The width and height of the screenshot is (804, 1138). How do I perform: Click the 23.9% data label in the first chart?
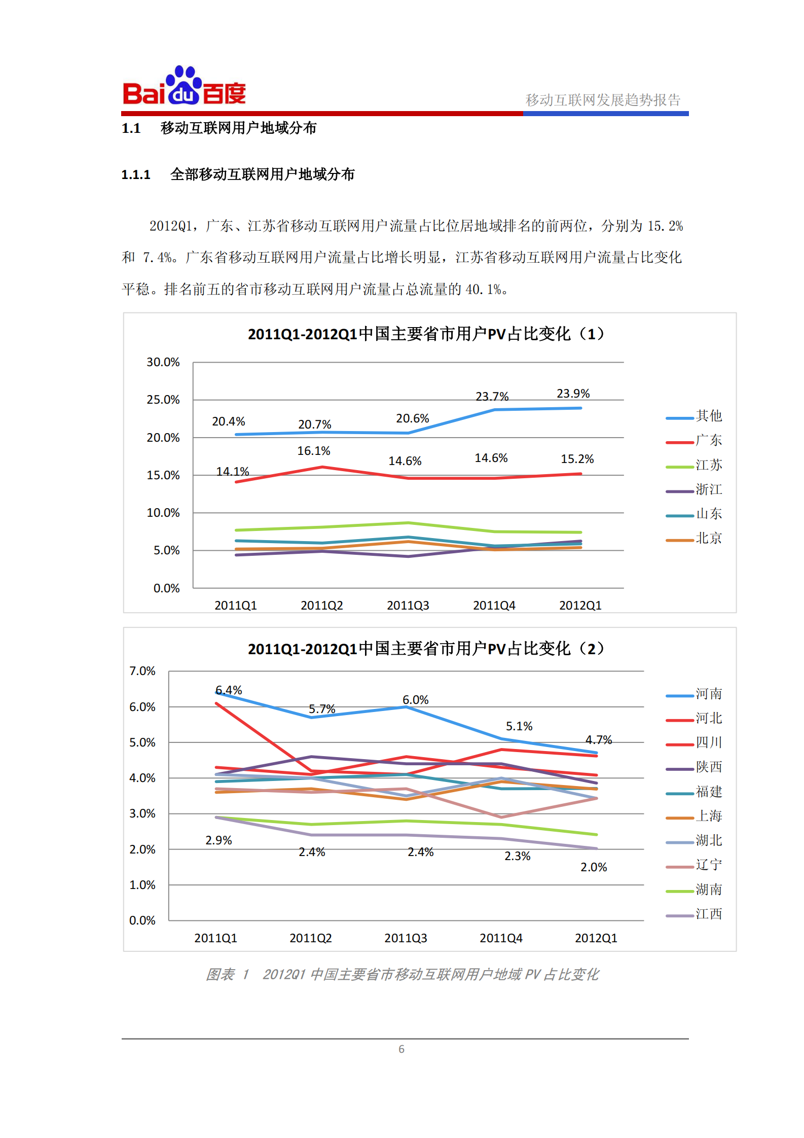[x=573, y=394]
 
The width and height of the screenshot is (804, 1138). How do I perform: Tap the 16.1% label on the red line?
[x=313, y=451]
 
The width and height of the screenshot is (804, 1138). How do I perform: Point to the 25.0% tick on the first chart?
[x=163, y=400]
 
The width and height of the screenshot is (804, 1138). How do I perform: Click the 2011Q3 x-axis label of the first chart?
[x=408, y=606]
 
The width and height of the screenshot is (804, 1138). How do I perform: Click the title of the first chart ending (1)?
[x=426, y=334]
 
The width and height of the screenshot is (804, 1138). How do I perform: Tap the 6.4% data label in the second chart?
[x=229, y=690]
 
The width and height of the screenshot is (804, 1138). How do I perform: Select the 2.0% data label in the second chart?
[x=594, y=867]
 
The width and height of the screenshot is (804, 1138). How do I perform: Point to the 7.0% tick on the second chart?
[x=142, y=671]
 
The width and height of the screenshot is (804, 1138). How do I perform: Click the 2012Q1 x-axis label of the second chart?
[x=596, y=938]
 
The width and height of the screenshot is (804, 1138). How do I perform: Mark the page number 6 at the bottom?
[x=401, y=1049]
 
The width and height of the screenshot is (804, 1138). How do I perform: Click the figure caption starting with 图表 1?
[x=402, y=974]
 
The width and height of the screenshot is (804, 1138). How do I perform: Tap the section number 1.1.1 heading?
[x=136, y=175]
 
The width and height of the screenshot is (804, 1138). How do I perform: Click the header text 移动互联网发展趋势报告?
[x=603, y=100]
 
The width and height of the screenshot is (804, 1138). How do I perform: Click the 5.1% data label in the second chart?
[x=519, y=726]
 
